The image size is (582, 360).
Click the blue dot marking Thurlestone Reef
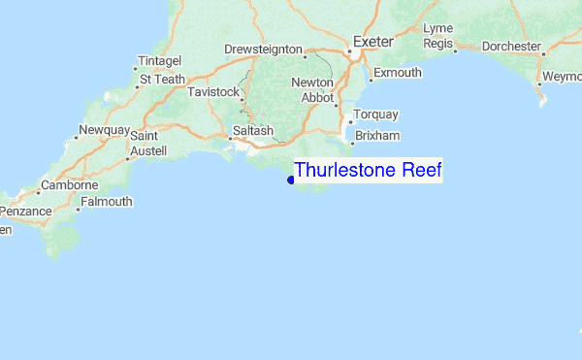[291, 180]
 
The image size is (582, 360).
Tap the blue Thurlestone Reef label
[368, 171]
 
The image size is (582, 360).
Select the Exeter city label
[372, 42]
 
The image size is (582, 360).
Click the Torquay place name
[375, 115]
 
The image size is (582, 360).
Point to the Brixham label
[376, 136]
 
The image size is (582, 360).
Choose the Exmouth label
[398, 73]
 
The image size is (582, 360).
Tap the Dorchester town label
[510, 46]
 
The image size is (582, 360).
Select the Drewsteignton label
[263, 49]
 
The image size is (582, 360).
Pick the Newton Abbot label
[312, 90]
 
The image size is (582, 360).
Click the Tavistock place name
[212, 91]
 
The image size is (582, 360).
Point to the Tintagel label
[160, 60]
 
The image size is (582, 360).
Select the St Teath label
[162, 80]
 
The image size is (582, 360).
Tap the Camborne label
[69, 185]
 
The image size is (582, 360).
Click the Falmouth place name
[107, 202]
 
